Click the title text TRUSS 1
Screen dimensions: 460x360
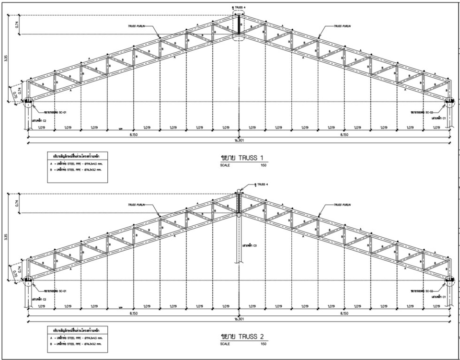point(244,158)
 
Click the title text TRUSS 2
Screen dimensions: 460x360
point(245,335)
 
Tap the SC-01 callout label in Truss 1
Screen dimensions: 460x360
point(52,112)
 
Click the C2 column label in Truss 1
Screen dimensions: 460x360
point(39,121)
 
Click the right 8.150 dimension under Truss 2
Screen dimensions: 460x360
point(344,313)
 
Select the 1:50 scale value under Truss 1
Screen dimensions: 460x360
point(263,165)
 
